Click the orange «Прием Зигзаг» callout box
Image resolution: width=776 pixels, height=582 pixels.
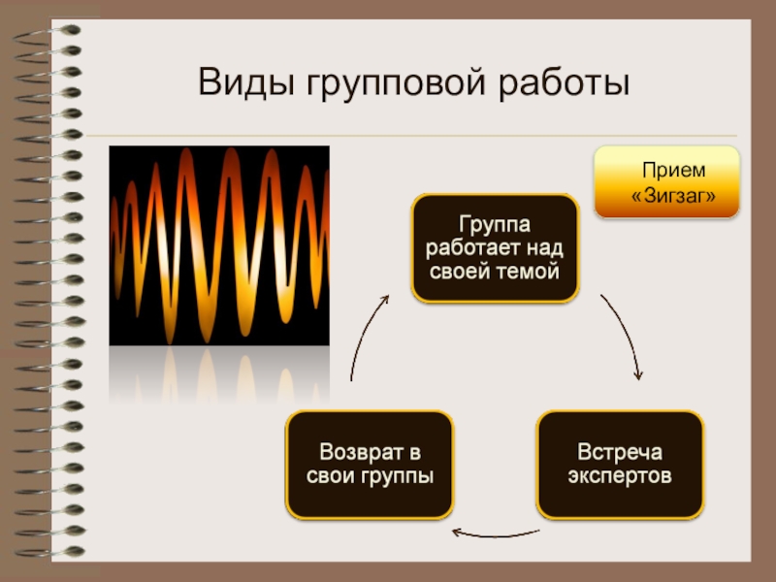coord(666,182)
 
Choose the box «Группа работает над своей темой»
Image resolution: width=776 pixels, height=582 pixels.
coord(495,247)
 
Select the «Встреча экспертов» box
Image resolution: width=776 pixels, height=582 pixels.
coord(620,465)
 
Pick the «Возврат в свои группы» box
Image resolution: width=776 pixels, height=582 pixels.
coord(369,465)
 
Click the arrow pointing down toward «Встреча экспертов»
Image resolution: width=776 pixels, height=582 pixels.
coord(624,336)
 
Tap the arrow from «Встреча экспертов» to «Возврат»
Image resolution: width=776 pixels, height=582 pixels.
coord(495,532)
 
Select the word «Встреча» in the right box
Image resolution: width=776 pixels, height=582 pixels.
coord(620,453)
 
